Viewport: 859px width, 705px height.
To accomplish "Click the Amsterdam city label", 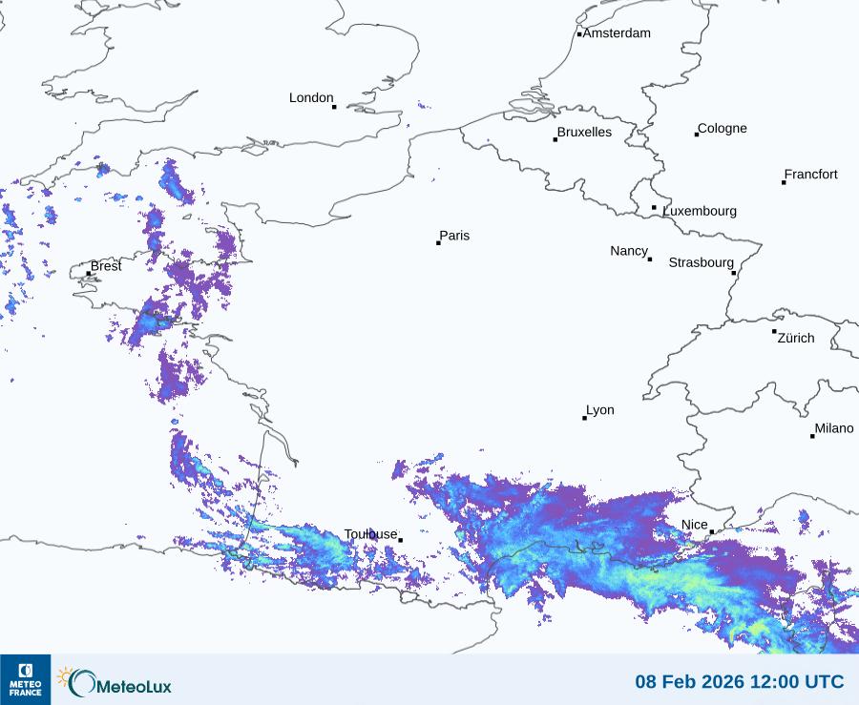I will [617, 33].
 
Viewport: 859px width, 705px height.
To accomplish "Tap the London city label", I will [311, 98].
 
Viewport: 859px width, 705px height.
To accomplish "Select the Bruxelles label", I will [584, 133].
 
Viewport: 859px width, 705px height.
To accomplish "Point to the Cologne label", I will [723, 129].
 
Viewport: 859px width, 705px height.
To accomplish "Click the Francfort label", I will [810, 175].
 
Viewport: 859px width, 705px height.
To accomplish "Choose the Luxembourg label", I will [700, 211].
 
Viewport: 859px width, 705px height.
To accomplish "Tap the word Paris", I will [454, 237].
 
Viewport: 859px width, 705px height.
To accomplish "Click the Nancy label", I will [629, 251].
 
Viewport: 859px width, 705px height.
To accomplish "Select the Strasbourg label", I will [701, 262].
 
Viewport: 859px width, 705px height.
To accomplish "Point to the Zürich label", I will [796, 338].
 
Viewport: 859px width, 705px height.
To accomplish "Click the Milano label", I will [834, 428].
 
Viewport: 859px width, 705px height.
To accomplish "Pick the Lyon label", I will [600, 410].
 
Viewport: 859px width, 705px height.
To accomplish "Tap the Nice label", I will [694, 525].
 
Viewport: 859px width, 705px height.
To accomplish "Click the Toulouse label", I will [370, 534].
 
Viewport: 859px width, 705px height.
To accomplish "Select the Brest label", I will [106, 266].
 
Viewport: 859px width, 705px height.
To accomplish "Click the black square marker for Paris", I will [438, 243].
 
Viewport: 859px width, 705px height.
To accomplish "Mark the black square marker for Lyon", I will [585, 418].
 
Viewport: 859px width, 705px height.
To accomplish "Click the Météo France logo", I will [25, 679].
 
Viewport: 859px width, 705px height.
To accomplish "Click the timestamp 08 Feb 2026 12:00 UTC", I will [740, 682].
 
